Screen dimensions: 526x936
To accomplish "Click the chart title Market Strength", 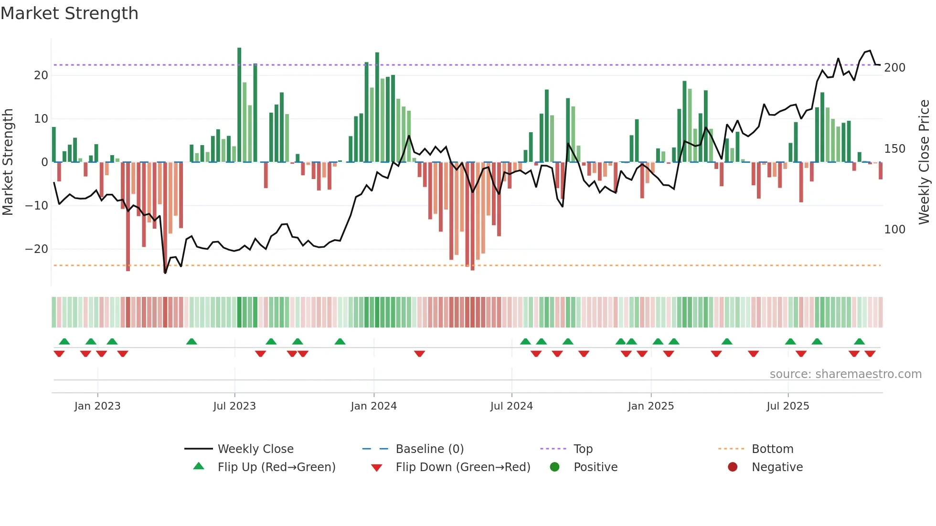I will pos(69,13).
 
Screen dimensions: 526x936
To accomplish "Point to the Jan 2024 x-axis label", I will pos(373,406).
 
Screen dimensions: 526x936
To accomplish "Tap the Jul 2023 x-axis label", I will pos(234,406).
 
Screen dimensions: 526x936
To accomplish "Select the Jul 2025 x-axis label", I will pos(788,406).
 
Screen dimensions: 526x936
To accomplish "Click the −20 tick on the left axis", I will pos(37,249).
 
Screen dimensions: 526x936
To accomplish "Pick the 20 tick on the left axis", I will pos(41,75).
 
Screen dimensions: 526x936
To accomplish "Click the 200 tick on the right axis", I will pos(894,68).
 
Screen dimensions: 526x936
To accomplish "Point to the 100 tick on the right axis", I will pos(894,230).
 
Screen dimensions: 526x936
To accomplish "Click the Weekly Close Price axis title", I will pos(924,162).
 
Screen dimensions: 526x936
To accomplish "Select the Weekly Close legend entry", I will pos(255,449).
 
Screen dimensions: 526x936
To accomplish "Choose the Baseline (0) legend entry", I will pos(429,449).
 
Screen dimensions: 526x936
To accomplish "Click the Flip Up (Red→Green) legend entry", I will pos(277,467).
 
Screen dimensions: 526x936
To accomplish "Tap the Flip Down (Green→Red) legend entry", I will pos(463,467).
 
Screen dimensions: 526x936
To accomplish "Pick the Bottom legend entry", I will pos(772,449).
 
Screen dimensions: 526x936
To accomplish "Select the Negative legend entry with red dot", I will pos(777,467).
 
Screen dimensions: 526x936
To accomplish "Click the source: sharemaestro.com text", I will pos(845,374).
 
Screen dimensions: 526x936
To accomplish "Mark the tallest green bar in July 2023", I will pos(239,105).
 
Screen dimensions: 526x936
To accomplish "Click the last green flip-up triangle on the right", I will pos(859,342).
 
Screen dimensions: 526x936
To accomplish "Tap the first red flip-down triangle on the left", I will pos(59,354).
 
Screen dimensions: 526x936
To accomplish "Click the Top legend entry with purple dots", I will pos(583,449).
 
